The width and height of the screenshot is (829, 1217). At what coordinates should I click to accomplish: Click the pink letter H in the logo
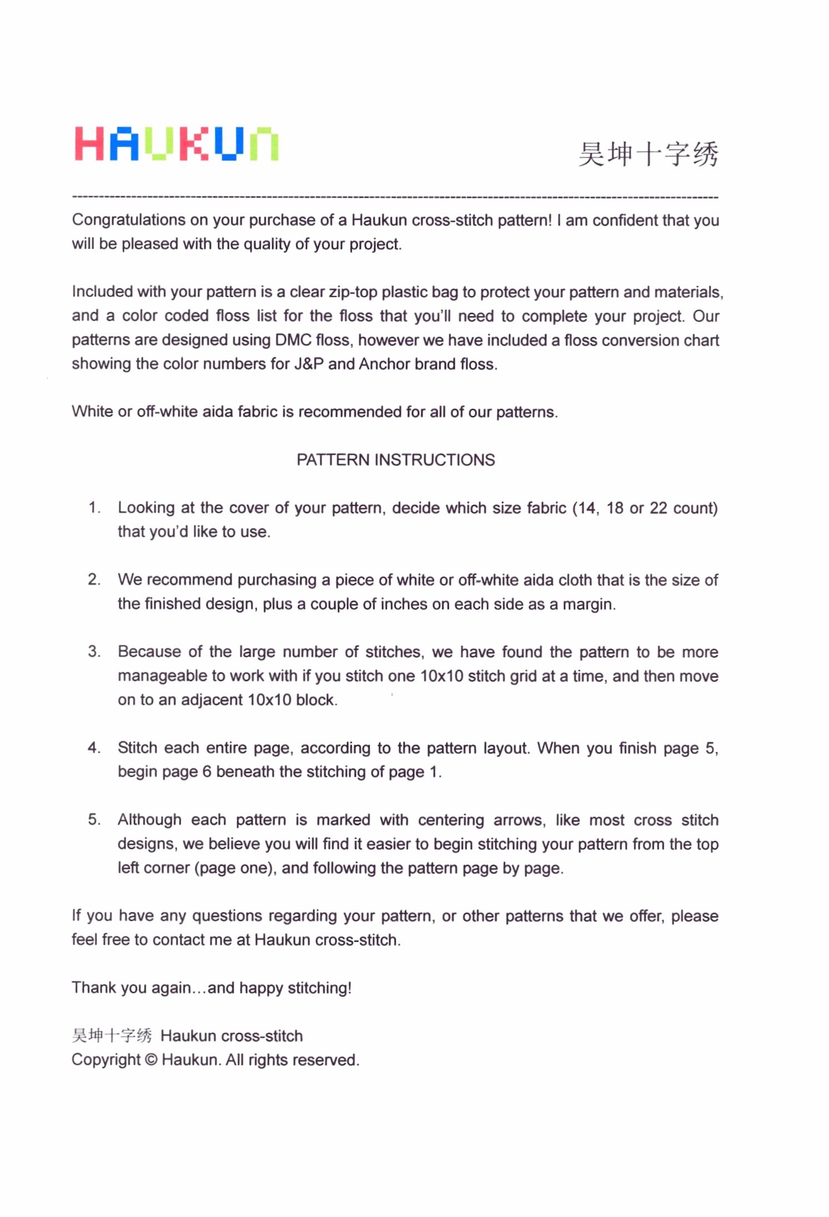[x=89, y=144]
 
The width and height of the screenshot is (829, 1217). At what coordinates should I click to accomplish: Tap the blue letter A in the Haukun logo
[x=124, y=144]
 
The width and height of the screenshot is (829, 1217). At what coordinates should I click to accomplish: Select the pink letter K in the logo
[x=194, y=144]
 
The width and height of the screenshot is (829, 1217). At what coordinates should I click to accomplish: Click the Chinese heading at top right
[x=648, y=154]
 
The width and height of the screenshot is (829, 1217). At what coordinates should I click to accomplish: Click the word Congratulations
[x=128, y=220]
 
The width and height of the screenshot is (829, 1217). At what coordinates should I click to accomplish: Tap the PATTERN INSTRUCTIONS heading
[x=395, y=460]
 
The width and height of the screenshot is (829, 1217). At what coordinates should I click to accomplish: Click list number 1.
[x=94, y=508]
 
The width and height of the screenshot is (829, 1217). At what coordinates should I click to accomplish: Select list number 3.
[x=94, y=652]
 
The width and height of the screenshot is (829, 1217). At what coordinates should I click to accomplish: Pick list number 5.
[x=94, y=820]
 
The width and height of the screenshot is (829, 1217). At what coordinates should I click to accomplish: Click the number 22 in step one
[x=658, y=508]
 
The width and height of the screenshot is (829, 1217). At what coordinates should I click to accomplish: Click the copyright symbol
[x=151, y=1060]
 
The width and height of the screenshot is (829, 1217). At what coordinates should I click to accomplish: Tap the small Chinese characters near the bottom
[x=112, y=1036]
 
